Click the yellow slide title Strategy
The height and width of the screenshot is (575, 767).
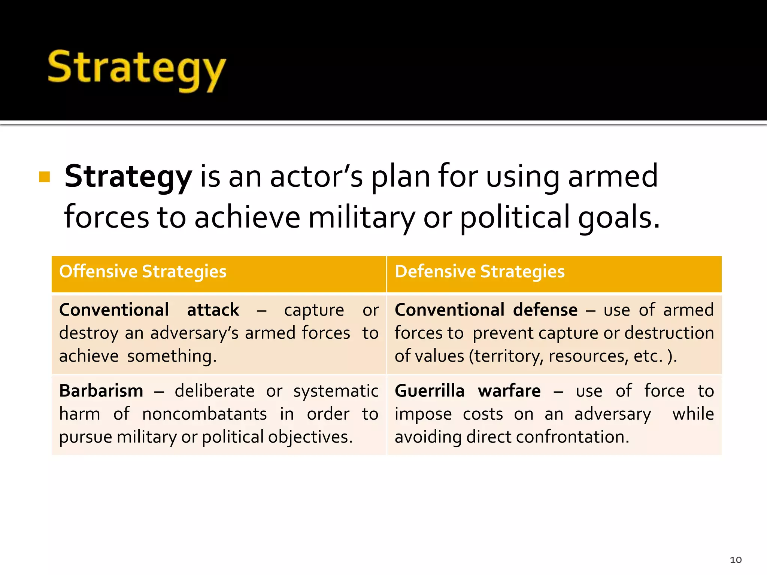tap(137, 69)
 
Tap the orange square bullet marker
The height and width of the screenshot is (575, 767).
tap(45, 177)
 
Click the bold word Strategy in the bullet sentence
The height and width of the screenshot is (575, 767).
tap(128, 177)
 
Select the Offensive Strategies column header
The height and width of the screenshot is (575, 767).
tap(143, 272)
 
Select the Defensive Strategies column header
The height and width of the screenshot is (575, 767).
tap(479, 272)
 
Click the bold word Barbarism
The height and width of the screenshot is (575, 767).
tap(101, 391)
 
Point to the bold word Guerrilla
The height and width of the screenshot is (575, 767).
tap(430, 391)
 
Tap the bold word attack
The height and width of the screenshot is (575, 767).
tap(213, 310)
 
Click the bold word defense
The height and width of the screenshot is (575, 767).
tap(545, 310)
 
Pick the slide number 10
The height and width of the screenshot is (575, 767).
tap(736, 560)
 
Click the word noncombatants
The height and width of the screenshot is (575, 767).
tap(204, 414)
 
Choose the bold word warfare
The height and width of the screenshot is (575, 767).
tap(509, 391)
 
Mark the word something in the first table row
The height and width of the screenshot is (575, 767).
tap(172, 356)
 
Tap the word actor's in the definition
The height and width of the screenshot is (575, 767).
tap(316, 177)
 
